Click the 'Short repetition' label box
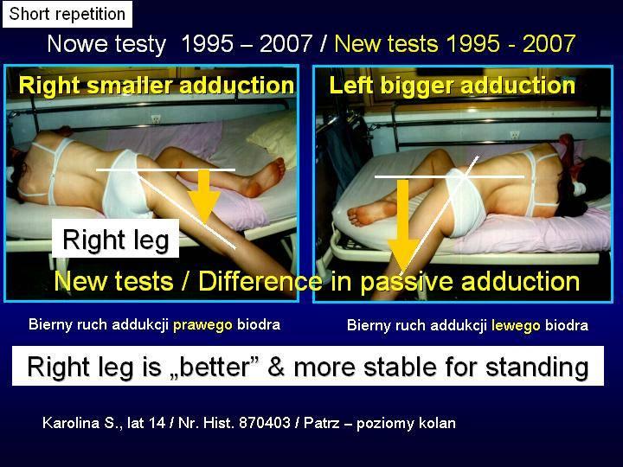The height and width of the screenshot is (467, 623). [x=67, y=15]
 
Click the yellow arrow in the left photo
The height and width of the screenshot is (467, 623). [x=204, y=195]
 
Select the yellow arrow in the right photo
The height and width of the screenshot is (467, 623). [x=403, y=224]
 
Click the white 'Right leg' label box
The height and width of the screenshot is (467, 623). [x=116, y=239]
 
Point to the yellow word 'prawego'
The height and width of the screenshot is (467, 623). [x=202, y=325]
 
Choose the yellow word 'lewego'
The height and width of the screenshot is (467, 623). [x=516, y=326]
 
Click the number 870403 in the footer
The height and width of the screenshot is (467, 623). [x=264, y=423]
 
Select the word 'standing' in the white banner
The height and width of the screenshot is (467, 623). [x=537, y=368]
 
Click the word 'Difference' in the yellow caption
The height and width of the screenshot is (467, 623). [x=260, y=281]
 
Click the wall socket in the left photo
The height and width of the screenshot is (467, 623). [x=156, y=118]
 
